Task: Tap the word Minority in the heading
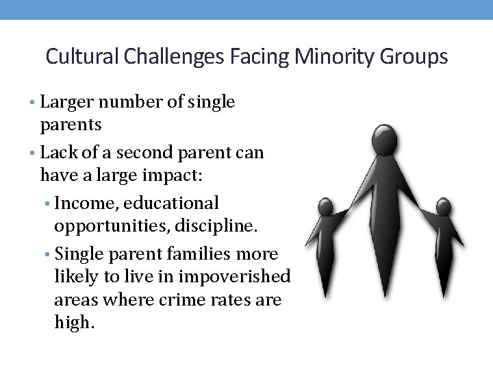331,56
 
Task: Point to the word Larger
66,102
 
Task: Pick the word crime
188,300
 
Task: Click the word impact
176,175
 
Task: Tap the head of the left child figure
326,206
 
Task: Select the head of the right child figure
444,206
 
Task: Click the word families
208,254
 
